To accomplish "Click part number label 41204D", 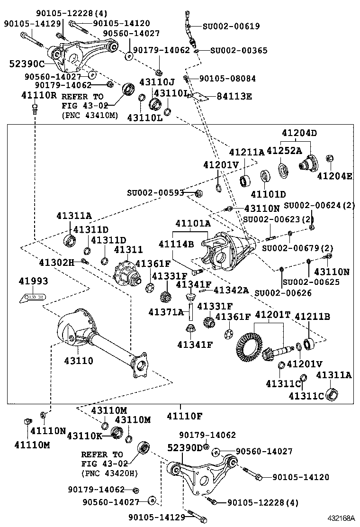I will click(x=299, y=133).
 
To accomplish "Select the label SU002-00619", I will click(x=231, y=27).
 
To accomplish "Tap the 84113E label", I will click(x=234, y=97).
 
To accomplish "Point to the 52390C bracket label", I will click(x=27, y=64).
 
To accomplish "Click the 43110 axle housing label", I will click(x=79, y=361).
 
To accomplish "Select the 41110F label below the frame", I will click(x=184, y=417).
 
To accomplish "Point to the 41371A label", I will click(x=166, y=312).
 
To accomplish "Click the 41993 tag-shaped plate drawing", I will click(x=33, y=298).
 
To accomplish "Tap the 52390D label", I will click(x=185, y=447).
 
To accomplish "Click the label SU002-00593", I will click(x=155, y=193).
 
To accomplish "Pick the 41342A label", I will click(x=231, y=290).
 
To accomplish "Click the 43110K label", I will click(x=84, y=435).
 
